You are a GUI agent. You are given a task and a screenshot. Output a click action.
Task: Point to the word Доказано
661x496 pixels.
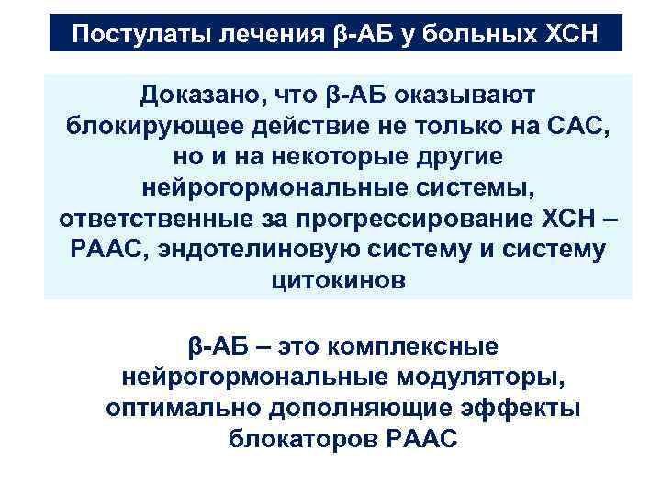coord(198,94)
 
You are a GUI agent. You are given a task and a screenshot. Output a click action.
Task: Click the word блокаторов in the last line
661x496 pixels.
coord(297,438)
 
